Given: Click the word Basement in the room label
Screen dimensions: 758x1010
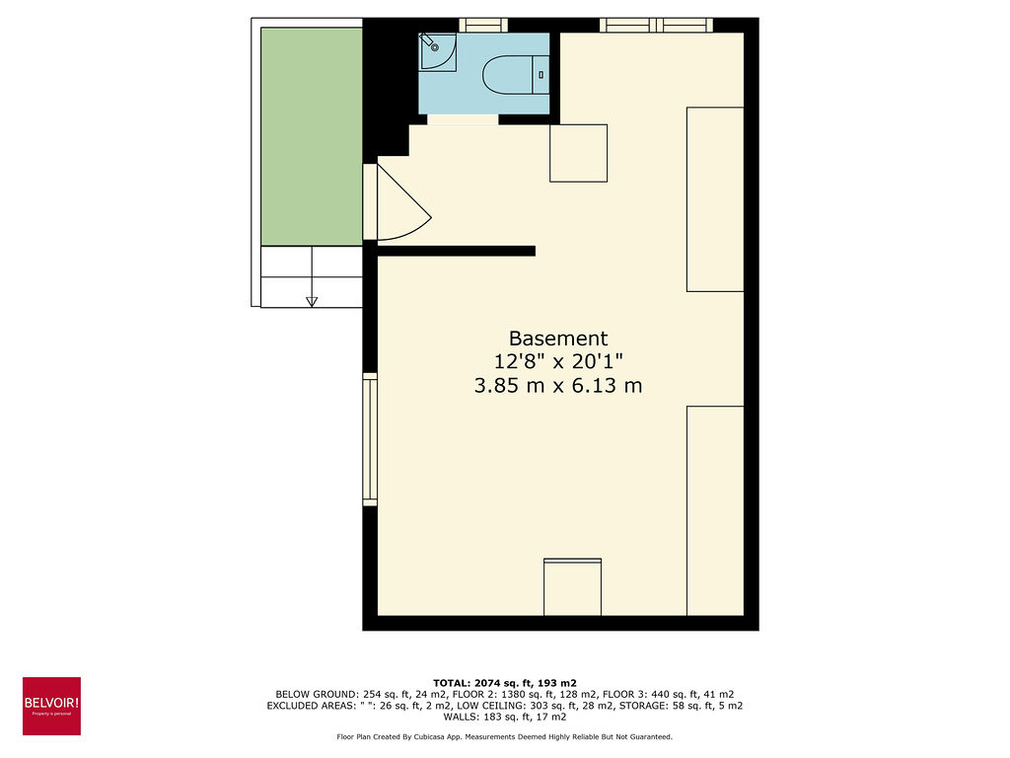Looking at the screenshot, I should pos(558,338).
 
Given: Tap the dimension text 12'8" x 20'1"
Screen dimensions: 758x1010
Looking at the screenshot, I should pos(558,361).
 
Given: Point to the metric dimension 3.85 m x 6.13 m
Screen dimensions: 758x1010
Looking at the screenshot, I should pos(558,385).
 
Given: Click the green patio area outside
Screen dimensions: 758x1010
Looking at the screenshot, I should pos(312,136).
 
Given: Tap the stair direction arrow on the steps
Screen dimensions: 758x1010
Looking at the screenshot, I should pos(312,300).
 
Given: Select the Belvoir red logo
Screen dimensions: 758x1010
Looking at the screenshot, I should pos(51,706).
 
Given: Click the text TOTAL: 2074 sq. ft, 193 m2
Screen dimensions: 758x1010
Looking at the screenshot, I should pos(504,682).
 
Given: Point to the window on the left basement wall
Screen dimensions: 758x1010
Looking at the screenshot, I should pos(370,439).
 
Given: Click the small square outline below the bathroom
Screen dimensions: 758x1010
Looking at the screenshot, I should pos(578,153).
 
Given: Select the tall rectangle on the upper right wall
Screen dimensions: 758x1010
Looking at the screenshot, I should pos(714,198).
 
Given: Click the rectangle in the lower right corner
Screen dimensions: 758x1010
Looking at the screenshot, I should pos(714,510).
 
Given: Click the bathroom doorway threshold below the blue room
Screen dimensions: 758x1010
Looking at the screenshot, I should pos(463,119).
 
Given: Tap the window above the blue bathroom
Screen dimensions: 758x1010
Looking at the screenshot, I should pos(483,25).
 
